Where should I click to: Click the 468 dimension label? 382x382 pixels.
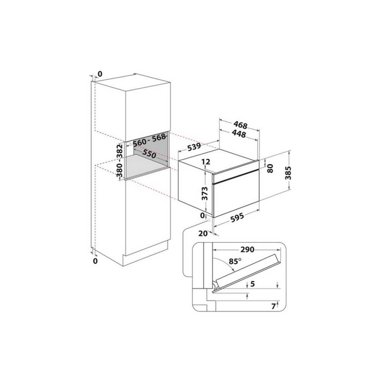(x=241, y=125)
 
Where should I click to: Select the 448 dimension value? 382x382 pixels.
(x=239, y=134)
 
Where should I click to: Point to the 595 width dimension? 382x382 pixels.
(x=237, y=217)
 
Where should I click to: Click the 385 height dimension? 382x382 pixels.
(x=288, y=173)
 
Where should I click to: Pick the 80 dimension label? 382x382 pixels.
(x=270, y=168)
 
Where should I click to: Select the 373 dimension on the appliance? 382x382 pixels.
(x=205, y=194)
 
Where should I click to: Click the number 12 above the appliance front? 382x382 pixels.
(x=206, y=162)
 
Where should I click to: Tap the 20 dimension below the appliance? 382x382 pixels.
(x=203, y=233)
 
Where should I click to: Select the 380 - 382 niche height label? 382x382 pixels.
(x=119, y=161)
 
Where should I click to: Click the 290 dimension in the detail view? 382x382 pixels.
(x=247, y=249)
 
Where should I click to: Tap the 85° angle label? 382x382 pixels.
(x=235, y=261)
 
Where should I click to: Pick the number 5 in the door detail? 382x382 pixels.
(x=253, y=284)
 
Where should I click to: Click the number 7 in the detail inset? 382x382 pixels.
(x=274, y=306)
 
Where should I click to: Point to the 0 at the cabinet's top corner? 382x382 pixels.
(x=100, y=74)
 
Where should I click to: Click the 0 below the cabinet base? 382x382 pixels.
(x=95, y=261)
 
